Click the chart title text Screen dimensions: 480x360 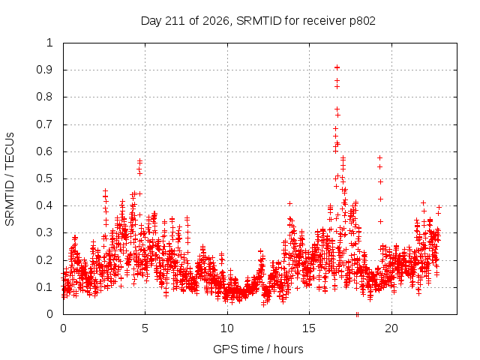(258, 21)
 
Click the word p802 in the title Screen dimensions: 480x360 (362, 21)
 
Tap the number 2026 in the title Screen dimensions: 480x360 (216, 21)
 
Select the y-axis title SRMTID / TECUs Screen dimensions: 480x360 (10, 179)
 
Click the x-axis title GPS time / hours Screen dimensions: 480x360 (258, 349)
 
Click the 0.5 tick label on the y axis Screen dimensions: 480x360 (45, 178)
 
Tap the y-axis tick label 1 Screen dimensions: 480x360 (50, 43)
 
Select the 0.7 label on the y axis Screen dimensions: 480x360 (45, 124)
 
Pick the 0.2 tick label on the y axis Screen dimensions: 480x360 (45, 260)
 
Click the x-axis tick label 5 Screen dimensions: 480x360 (145, 328)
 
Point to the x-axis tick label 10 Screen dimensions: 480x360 (227, 328)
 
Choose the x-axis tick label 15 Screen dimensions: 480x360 (309, 328)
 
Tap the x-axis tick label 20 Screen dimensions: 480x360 (391, 328)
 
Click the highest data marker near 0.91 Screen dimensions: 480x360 (337, 67)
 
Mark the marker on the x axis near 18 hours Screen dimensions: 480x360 (357, 314)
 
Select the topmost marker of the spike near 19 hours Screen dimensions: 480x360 (380, 158)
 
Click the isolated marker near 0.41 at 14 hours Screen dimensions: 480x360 (289, 203)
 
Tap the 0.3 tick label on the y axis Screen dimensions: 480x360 (45, 232)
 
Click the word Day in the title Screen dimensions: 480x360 (151, 21)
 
